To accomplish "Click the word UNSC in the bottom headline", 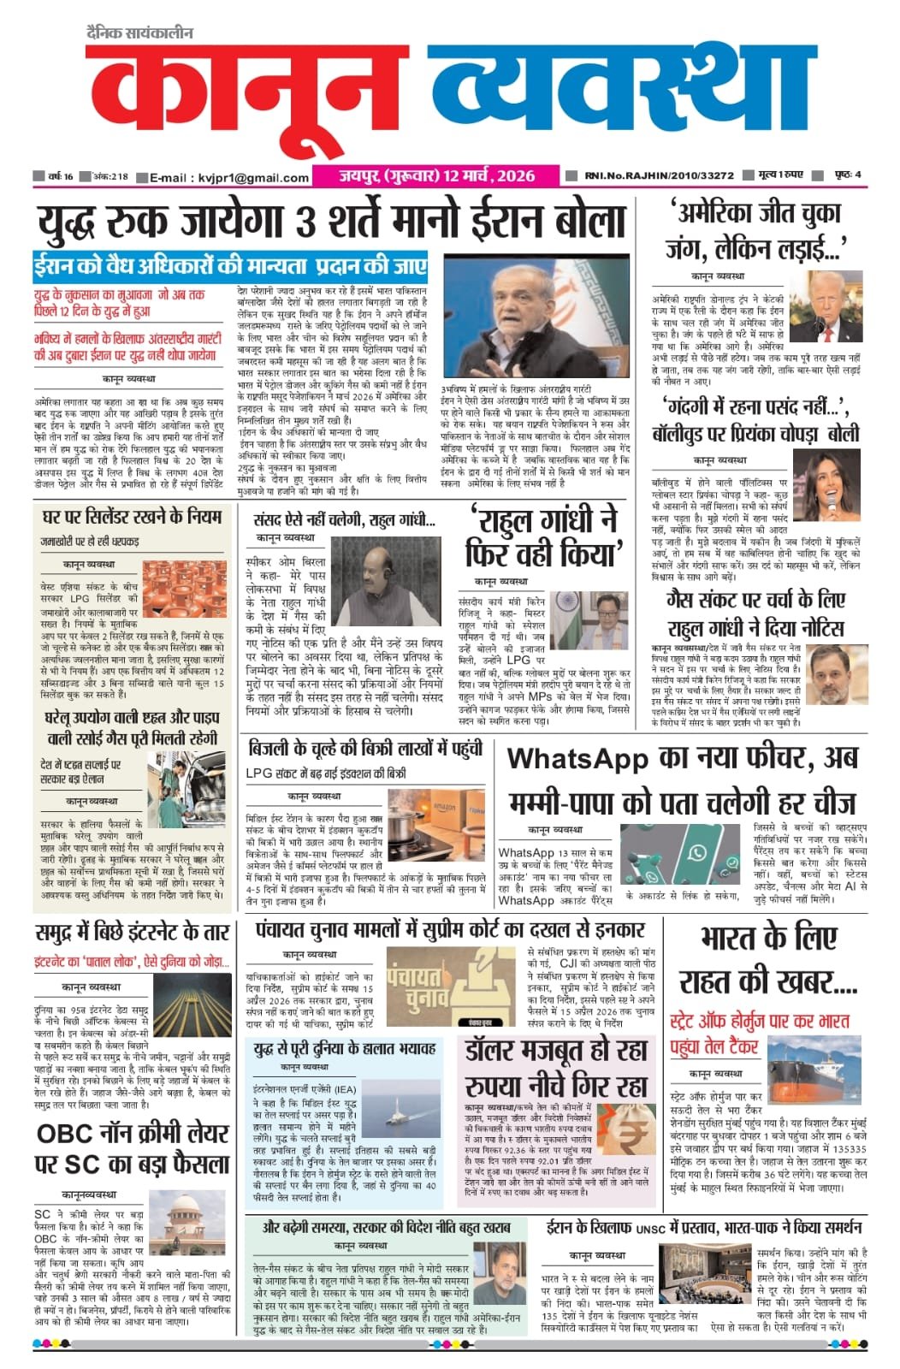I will pyautogui.click(x=654, y=1228).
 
